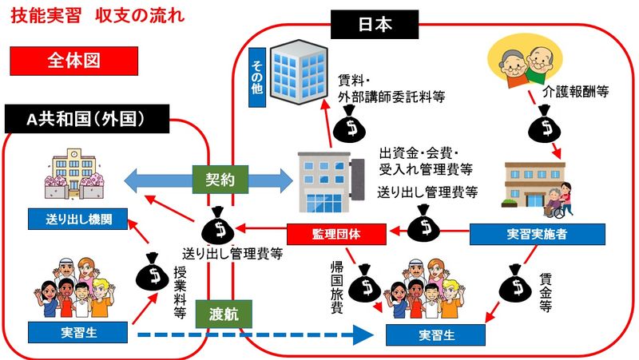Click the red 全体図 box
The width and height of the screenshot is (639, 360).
pos(73,60)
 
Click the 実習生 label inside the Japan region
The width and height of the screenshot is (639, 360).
pos(435,334)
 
